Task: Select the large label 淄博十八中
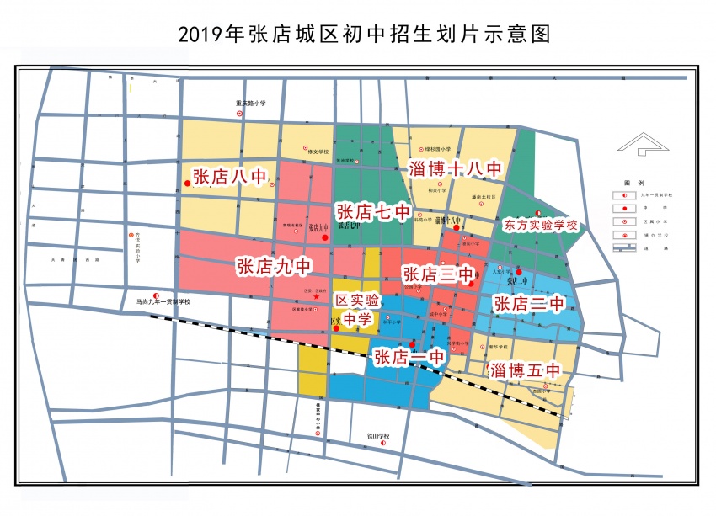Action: (x=455, y=168)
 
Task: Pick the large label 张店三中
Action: (x=440, y=274)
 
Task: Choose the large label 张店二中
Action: (x=528, y=303)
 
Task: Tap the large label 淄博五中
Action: (x=523, y=370)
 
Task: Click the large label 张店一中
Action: (x=409, y=357)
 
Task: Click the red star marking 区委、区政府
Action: (x=316, y=296)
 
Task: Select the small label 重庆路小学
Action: (x=250, y=104)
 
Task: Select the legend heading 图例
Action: (x=633, y=183)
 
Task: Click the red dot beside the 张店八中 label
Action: (x=187, y=183)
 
